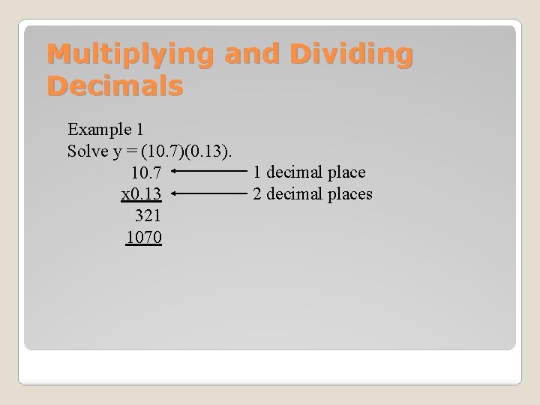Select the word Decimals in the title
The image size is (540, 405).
(x=115, y=86)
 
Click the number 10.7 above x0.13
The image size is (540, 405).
(x=145, y=173)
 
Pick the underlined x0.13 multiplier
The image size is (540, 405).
(x=142, y=195)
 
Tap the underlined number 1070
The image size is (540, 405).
(x=145, y=238)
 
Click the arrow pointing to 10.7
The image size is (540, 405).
(x=210, y=171)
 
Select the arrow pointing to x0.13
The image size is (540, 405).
(x=210, y=194)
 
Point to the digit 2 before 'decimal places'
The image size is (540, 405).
(x=257, y=195)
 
